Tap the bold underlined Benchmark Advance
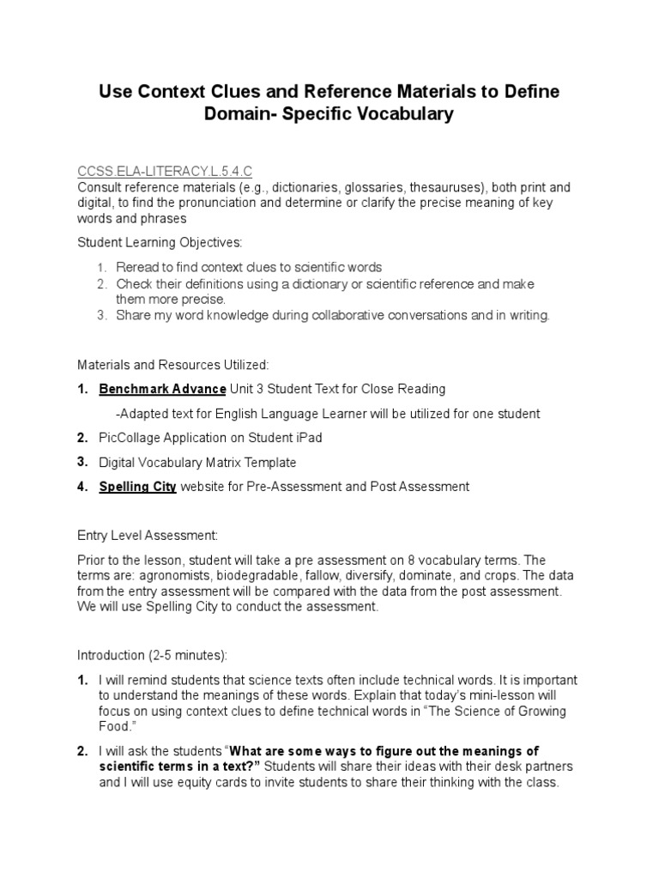tap(162, 389)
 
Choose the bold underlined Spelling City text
tap(138, 487)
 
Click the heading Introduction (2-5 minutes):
tap(153, 656)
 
